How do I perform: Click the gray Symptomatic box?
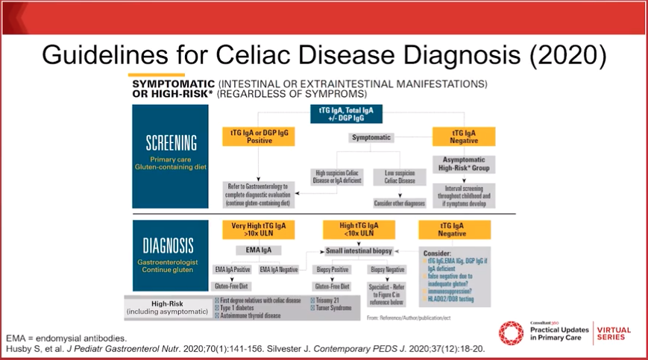[372, 137]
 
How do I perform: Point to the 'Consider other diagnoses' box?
[399, 202]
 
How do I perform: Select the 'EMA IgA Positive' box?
[231, 268]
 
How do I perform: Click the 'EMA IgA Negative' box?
[279, 268]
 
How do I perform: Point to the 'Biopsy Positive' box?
[333, 268]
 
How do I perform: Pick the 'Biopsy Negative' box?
[387, 268]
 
